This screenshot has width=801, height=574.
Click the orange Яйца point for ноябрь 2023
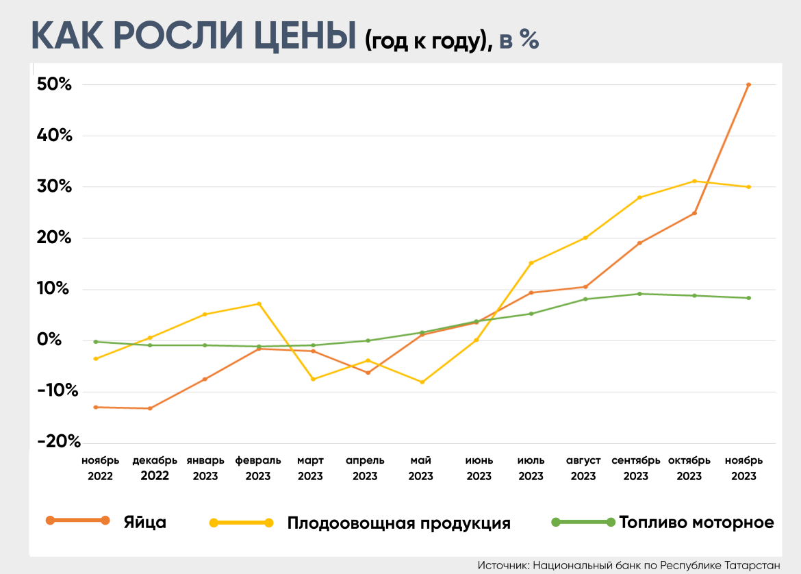(x=748, y=85)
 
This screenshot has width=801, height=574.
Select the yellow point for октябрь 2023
(x=694, y=181)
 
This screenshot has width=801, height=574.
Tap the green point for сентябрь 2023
(x=639, y=294)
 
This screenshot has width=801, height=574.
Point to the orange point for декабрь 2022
(x=150, y=408)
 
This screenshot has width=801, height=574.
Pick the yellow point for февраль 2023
(x=259, y=303)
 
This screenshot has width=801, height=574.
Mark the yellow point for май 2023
(x=422, y=382)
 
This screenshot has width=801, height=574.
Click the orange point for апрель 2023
(x=368, y=373)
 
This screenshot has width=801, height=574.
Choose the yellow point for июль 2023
(x=531, y=263)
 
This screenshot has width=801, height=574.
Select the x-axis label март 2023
(x=310, y=468)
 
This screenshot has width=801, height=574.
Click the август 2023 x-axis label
(x=583, y=468)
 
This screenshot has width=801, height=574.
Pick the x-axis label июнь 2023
(x=479, y=468)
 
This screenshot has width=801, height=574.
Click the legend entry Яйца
(x=145, y=522)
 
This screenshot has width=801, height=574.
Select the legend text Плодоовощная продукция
(x=398, y=523)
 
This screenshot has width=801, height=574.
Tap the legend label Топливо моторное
(x=696, y=523)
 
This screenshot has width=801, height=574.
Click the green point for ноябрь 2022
(x=95, y=342)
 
